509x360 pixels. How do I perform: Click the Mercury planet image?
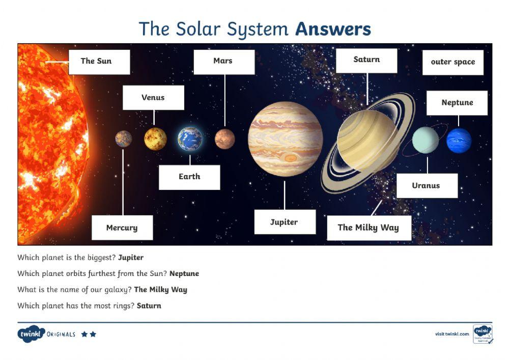(123, 139)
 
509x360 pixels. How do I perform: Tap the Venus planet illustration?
(155, 139)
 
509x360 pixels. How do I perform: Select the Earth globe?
(190, 139)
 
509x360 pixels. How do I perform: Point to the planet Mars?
(224, 139)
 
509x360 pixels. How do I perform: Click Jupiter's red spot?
(290, 158)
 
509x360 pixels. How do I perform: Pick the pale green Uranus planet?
(426, 140)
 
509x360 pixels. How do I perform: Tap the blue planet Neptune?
(459, 141)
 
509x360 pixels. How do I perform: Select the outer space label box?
(453, 62)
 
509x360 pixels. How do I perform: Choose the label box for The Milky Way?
(368, 228)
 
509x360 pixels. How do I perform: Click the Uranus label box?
(427, 185)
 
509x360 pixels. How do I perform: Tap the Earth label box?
(189, 177)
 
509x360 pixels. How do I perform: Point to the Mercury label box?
(122, 228)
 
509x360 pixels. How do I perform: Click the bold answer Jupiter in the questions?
(131, 258)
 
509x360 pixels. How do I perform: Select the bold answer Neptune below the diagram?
(184, 273)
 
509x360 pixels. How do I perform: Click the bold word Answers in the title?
(333, 29)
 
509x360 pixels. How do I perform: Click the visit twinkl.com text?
(452, 334)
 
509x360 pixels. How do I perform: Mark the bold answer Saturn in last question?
(149, 306)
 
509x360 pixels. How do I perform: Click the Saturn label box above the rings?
(366, 60)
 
